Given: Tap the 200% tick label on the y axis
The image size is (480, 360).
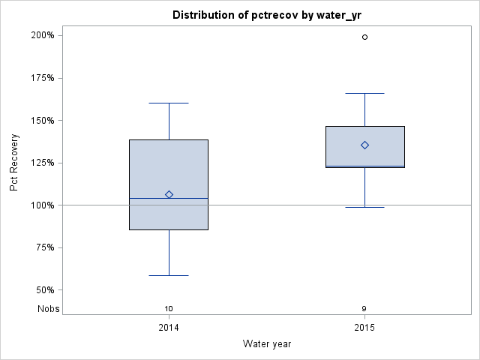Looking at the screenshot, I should tap(42, 35).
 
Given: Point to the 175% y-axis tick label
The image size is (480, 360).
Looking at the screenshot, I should tap(42, 78).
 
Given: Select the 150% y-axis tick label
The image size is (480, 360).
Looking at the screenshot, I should tap(42, 120).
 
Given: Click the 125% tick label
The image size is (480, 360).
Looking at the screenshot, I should tap(42, 163).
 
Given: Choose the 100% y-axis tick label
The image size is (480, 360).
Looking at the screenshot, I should tap(42, 205).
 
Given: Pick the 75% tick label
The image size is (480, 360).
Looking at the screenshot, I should tap(44, 247).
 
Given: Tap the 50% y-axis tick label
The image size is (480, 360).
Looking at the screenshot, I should tap(44, 290).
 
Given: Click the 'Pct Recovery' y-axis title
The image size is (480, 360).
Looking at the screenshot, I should tap(14, 163).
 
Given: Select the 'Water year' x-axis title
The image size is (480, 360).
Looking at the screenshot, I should tap(267, 344).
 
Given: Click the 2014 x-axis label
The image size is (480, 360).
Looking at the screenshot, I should tap(169, 328).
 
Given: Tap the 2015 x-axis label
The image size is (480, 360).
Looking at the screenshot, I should tap(364, 328).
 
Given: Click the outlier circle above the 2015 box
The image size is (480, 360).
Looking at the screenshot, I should tap(365, 37).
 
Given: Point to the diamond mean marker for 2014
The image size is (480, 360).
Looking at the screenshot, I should tap(169, 194).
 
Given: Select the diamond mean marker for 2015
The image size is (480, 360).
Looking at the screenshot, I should tap(365, 145).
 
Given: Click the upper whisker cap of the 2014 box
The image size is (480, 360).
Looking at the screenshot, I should tap(169, 103).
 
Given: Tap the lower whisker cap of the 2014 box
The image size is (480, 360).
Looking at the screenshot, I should tap(169, 275).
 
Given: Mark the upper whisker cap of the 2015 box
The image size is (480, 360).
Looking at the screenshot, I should tap(365, 94).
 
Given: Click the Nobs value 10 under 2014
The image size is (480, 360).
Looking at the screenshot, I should tap(169, 308).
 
